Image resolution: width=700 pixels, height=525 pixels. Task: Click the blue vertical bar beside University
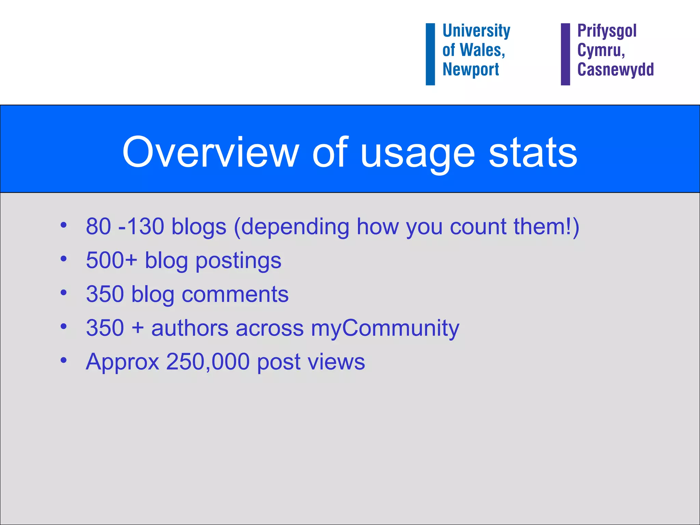click(430, 54)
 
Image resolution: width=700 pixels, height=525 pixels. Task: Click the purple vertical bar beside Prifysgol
click(565, 54)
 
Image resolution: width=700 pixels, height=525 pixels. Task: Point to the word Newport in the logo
click(471, 70)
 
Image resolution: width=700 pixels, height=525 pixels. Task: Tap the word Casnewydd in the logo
click(615, 70)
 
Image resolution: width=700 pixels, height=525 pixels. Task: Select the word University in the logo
click(476, 31)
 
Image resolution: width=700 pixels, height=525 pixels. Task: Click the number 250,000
click(208, 362)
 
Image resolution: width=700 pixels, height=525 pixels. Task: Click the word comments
click(235, 294)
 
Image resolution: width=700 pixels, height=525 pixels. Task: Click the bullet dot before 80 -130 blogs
click(63, 225)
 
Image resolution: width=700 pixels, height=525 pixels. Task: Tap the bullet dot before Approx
click(63, 360)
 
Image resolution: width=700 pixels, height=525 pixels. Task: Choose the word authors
click(190, 328)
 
